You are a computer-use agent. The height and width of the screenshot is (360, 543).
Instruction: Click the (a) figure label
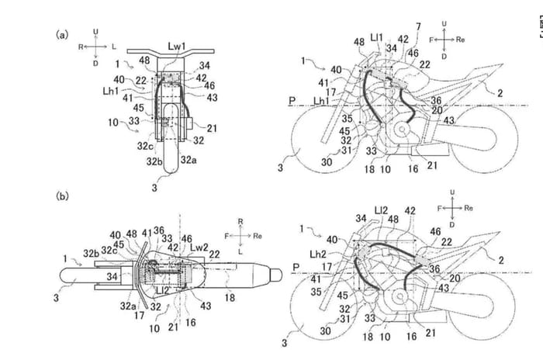pyautogui.click(x=59, y=35)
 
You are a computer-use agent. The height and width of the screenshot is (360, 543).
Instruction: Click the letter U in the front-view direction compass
pyautogui.click(x=94, y=30)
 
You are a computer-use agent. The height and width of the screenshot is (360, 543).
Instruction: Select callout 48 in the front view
pyautogui.click(x=144, y=61)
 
